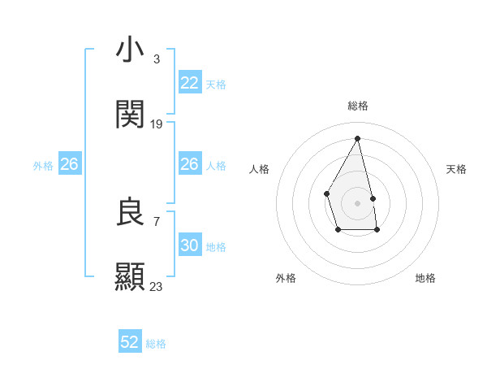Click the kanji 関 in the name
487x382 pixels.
click(x=130, y=115)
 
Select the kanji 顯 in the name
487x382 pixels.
click(x=130, y=276)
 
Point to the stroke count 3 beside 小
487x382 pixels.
click(x=156, y=59)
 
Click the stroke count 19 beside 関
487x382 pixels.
click(x=157, y=124)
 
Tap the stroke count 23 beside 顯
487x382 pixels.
click(x=157, y=286)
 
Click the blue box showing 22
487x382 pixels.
click(x=189, y=83)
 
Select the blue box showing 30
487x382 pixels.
click(x=189, y=245)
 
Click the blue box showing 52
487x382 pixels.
click(x=130, y=342)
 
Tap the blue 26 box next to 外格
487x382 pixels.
click(x=69, y=164)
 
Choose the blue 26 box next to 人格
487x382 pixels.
click(x=189, y=164)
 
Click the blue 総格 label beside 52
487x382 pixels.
click(x=156, y=344)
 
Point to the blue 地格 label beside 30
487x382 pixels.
click(x=216, y=246)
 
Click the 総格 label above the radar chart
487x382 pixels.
click(x=358, y=106)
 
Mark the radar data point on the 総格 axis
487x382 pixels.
click(x=357, y=138)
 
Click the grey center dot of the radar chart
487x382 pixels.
click(x=357, y=202)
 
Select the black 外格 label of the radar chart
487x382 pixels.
click(x=286, y=278)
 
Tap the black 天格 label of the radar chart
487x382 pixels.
click(x=457, y=169)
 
